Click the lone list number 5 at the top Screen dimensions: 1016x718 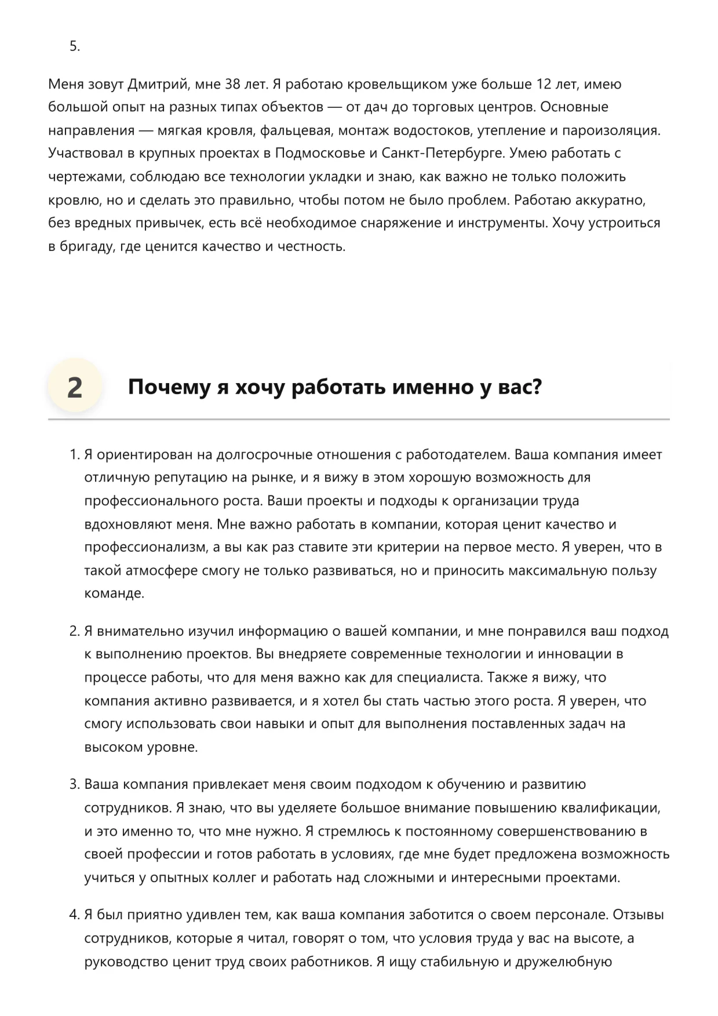pyautogui.click(x=74, y=47)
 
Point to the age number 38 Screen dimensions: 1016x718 pyautogui.click(x=232, y=85)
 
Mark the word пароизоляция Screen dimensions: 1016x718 pyautogui.click(x=612, y=130)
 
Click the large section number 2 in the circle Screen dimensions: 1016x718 pyautogui.click(x=75, y=388)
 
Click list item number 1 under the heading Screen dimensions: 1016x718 pyautogui.click(x=74, y=455)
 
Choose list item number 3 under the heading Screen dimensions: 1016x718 pyautogui.click(x=74, y=785)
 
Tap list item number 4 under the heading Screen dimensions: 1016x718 pyautogui.click(x=74, y=915)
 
